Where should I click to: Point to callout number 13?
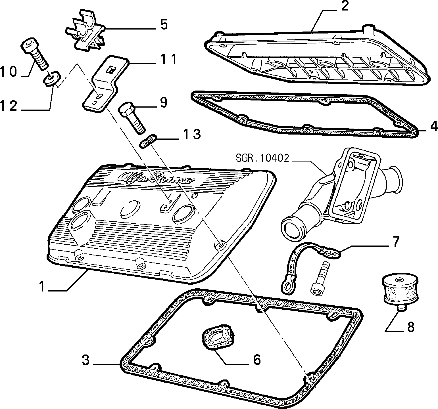tap(192, 134)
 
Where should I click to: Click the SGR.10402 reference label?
tap(262, 158)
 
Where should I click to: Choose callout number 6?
tap(256, 360)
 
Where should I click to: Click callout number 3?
tap(85, 360)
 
